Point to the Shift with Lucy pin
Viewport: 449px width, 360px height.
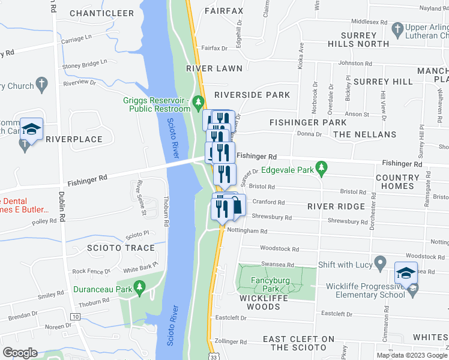pyautogui.click(x=379, y=263)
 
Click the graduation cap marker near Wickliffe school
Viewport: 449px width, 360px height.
pyautogui.click(x=406, y=273)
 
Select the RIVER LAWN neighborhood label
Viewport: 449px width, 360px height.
pyautogui.click(x=210, y=69)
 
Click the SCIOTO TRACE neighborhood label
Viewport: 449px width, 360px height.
pyautogui.click(x=121, y=248)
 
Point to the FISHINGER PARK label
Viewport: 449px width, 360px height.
pyautogui.click(x=308, y=122)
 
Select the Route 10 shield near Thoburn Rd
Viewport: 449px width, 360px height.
pyautogui.click(x=75, y=316)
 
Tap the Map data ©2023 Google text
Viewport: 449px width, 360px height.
pyautogui.click(x=412, y=355)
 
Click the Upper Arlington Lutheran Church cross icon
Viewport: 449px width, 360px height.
pyautogui.click(x=397, y=28)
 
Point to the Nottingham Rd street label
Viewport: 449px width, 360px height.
pyautogui.click(x=246, y=231)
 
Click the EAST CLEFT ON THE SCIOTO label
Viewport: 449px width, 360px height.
pyautogui.click(x=298, y=343)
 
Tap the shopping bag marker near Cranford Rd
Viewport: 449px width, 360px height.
pyautogui.click(x=238, y=205)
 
